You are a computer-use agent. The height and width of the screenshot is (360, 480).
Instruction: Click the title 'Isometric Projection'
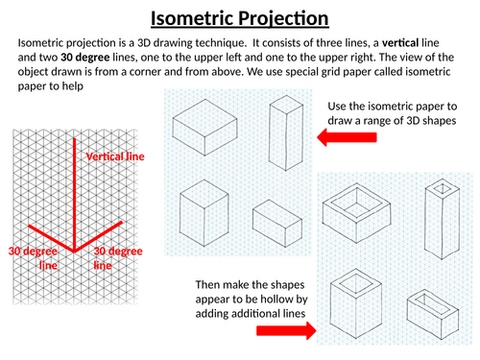240,18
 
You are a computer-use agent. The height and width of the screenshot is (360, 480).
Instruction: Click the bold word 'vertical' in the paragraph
400,42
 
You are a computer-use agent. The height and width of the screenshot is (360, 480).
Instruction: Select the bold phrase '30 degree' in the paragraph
85,58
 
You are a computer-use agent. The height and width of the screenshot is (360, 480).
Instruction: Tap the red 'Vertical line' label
115,156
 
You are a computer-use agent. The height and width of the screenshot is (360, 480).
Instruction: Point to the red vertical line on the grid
74,195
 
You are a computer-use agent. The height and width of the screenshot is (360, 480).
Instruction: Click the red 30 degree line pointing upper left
51,239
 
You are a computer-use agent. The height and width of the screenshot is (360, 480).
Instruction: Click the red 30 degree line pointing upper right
98,236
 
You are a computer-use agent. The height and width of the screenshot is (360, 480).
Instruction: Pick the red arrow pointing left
347,137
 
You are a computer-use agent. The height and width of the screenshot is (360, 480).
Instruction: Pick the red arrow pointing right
286,330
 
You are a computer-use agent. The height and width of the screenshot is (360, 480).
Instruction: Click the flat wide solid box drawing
204,128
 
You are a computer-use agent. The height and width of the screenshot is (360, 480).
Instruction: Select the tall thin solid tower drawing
286,132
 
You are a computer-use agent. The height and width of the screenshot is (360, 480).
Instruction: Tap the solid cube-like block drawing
204,213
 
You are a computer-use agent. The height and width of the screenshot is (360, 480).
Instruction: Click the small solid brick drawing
277,224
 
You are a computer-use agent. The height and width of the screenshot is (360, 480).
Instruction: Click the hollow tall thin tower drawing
443,219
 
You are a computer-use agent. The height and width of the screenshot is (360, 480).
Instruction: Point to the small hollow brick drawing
433,315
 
